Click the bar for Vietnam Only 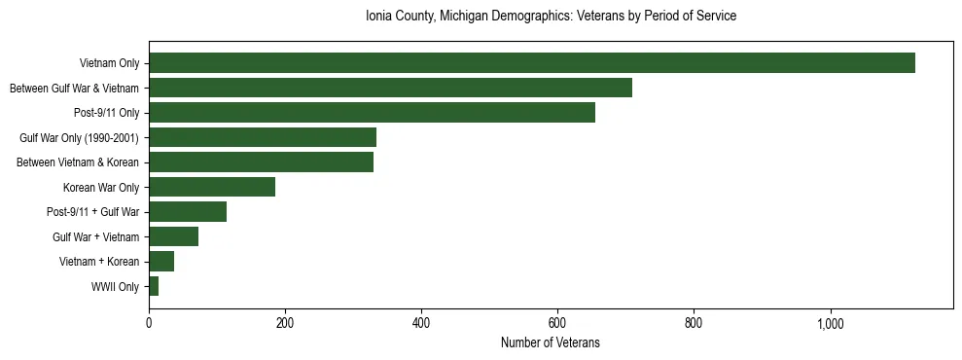click(531, 63)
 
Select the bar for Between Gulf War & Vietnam click(390, 88)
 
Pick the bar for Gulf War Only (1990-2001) click(263, 137)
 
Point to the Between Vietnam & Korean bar click(261, 162)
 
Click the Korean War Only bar click(212, 187)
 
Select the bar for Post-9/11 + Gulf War click(188, 212)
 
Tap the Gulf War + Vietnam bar click(173, 236)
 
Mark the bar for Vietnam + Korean click(161, 261)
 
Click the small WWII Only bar click(154, 286)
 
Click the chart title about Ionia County click(551, 17)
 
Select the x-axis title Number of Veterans click(551, 343)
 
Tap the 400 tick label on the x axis click(421, 323)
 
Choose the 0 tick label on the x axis click(149, 323)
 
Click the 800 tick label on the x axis click(694, 323)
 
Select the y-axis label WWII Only click(115, 287)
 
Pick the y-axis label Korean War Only click(101, 188)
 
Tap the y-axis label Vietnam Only click(110, 64)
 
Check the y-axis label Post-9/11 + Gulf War click(93, 212)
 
